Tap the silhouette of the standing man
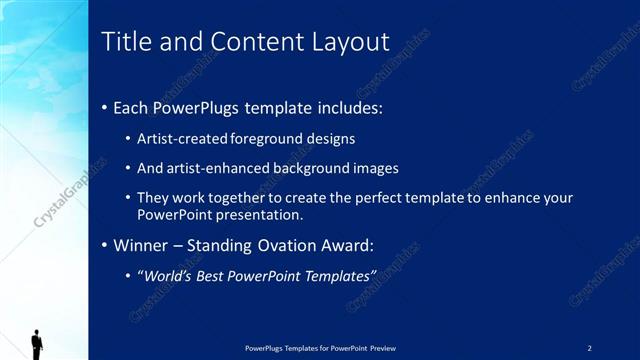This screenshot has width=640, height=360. [37, 343]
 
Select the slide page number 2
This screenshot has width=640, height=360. [589, 347]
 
